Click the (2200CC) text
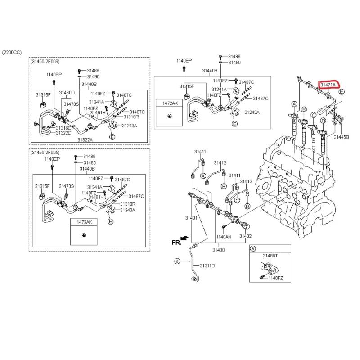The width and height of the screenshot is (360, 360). pos(12,53)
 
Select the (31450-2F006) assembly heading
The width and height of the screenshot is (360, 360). pos(45,61)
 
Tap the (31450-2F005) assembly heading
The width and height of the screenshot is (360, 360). pos(45,153)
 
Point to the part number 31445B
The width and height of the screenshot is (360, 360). pos(341,137)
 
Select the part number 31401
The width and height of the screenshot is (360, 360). pos(192,218)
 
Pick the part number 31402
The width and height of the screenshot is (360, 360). pos(245,236)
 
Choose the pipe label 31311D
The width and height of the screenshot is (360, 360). pos(207,265)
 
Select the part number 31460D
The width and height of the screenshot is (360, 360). pos(67,93)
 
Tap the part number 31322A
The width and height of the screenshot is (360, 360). pos(85,140)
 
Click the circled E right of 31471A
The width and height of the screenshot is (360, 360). pos(342,92)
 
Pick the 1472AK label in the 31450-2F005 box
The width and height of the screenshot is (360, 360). pos(84,222)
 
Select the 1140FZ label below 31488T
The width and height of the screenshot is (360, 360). pos(275,278)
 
